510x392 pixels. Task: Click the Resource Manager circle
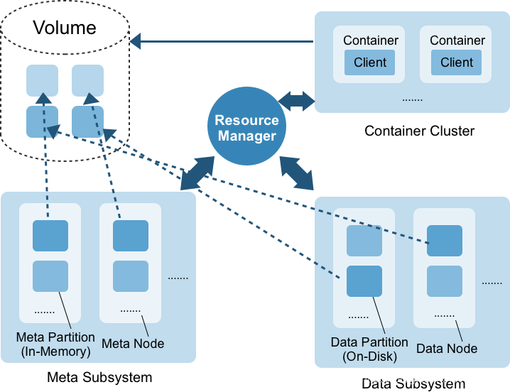coord(246,126)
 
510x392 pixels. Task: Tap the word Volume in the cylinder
coord(65,27)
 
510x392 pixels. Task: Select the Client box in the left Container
coord(369,62)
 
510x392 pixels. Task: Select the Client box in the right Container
coord(456,62)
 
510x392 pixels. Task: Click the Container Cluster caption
coord(419,131)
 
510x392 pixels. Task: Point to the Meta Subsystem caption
coord(99,377)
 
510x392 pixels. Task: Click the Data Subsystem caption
coord(413,383)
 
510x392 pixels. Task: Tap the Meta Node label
coord(133,344)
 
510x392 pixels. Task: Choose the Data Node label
coord(447,349)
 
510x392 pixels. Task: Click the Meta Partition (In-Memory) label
coord(55,344)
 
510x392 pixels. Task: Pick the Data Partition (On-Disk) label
coord(369,349)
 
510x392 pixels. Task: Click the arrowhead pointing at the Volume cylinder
coord(135,41)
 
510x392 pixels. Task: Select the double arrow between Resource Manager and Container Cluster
coord(297,101)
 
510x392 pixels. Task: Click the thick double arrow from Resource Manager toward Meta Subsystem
coord(197,173)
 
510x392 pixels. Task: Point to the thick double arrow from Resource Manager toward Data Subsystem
coord(297,173)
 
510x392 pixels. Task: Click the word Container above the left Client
coord(371,40)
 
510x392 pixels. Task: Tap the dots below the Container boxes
coord(413,99)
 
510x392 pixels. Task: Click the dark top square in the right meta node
coord(131,236)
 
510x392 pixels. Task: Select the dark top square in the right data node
coord(445,241)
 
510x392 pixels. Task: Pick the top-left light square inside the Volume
coord(43,80)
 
